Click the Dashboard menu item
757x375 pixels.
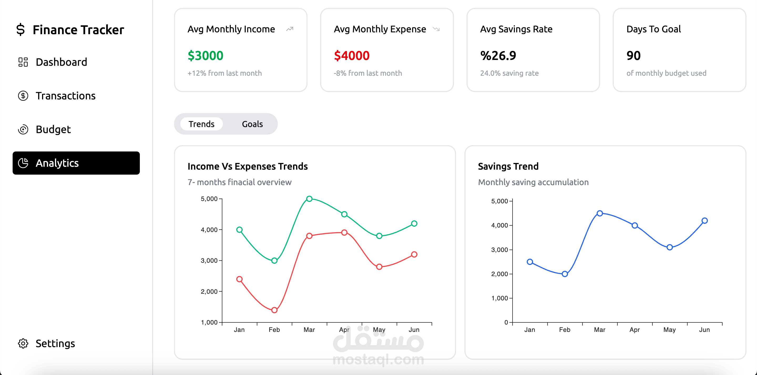click(x=53, y=62)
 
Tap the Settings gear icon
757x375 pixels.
click(x=23, y=343)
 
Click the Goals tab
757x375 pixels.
click(x=252, y=124)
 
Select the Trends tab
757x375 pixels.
click(x=201, y=124)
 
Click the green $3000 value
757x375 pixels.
click(x=205, y=55)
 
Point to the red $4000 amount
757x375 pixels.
click(x=351, y=55)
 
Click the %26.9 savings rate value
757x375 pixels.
click(x=498, y=55)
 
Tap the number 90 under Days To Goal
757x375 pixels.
click(x=633, y=55)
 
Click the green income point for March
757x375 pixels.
click(x=309, y=199)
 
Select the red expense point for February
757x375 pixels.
click(x=274, y=310)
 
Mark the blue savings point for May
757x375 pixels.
click(x=669, y=247)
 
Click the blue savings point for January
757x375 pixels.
click(x=530, y=262)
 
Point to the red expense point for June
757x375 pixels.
click(x=414, y=254)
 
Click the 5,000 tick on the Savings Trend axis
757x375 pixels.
click(x=500, y=201)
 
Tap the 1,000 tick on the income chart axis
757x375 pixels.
click(x=209, y=322)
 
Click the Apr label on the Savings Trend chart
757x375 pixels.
click(x=635, y=330)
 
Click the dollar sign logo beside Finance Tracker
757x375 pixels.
click(x=20, y=29)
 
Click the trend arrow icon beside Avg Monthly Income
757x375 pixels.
click(x=289, y=29)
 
